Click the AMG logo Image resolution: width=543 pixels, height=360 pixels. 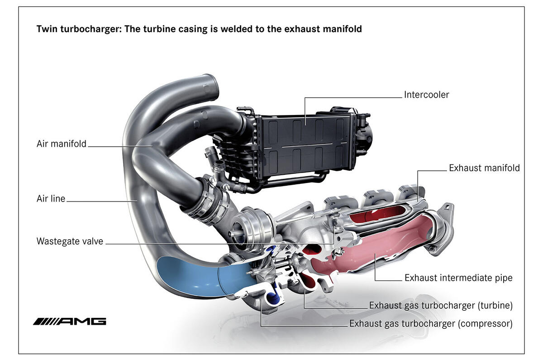point(69,322)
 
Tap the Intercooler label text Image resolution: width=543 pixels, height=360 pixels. point(426,95)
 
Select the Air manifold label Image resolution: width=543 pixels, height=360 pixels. point(61,144)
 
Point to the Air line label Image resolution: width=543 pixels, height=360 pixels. point(51,198)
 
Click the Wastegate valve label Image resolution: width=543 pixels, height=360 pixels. point(70,241)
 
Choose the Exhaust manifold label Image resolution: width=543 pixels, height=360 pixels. point(484,168)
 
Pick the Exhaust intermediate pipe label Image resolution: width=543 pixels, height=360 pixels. point(458,278)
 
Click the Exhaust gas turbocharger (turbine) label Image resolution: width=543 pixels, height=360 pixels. point(441,305)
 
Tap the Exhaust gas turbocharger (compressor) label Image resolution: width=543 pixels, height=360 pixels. point(430,324)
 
